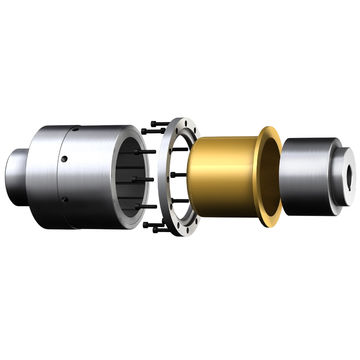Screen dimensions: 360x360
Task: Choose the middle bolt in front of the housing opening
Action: [144, 179]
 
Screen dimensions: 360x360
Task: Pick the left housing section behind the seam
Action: [41, 176]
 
